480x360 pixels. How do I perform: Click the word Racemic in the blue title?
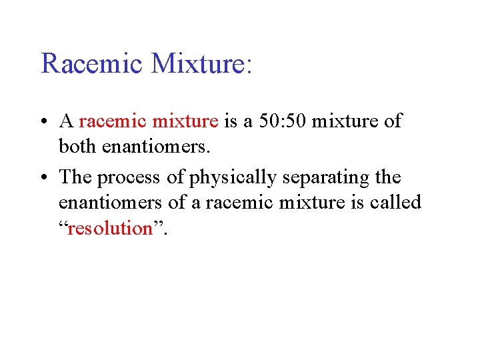point(92,64)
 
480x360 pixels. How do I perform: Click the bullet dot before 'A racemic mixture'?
point(44,122)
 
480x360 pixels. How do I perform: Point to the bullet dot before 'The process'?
point(44,178)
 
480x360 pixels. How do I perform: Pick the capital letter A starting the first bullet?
point(66,121)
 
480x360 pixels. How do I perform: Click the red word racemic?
point(112,122)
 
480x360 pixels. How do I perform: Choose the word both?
point(77,145)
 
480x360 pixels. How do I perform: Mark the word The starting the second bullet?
point(75,177)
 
